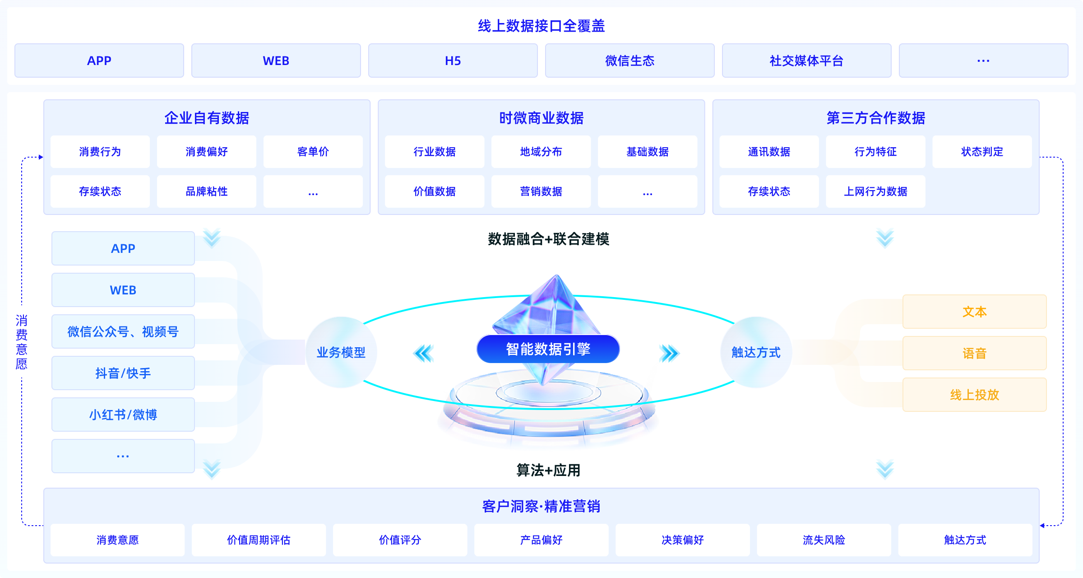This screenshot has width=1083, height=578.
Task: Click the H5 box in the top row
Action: click(453, 61)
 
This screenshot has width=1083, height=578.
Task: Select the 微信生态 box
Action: click(629, 61)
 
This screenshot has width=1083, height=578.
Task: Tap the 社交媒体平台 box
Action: click(806, 61)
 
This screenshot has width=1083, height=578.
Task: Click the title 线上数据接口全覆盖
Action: click(541, 26)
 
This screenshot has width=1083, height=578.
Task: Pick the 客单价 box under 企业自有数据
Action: click(313, 152)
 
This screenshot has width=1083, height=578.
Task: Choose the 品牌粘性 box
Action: click(206, 191)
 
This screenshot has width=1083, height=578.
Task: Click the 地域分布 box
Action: click(541, 152)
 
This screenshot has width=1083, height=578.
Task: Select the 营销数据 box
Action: click(541, 191)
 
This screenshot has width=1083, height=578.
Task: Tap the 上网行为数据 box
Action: click(875, 191)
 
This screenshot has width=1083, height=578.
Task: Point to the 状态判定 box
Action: click(982, 152)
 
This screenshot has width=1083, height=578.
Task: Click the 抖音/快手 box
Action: click(123, 373)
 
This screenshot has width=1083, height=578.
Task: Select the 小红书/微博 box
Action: click(123, 415)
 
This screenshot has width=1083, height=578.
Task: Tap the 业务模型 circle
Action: click(341, 352)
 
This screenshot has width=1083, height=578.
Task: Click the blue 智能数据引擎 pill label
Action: click(548, 349)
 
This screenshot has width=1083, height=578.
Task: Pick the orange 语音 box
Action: click(974, 353)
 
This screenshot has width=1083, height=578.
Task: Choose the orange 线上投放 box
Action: click(974, 395)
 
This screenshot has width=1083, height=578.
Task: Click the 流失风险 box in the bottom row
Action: click(824, 540)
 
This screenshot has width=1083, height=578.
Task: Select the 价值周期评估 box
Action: click(259, 540)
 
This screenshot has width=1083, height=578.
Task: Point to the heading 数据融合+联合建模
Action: click(548, 239)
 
